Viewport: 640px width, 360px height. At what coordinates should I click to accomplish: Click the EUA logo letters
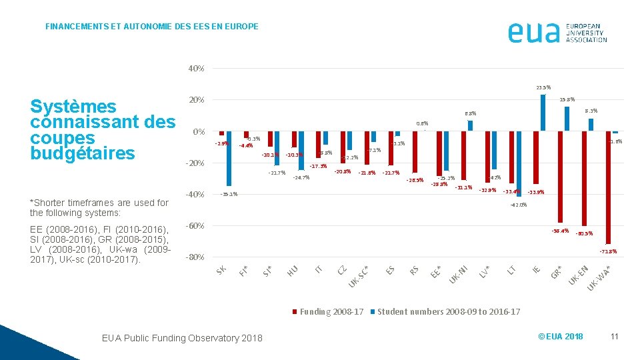pyautogui.click(x=533, y=32)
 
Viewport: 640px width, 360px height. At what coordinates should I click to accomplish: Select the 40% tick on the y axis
pyautogui.click(x=196, y=69)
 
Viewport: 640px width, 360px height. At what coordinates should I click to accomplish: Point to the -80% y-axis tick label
pyautogui.click(x=195, y=257)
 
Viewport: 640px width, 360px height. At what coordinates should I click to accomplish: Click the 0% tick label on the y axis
pyautogui.click(x=199, y=132)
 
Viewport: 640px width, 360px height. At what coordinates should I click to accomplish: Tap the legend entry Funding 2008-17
pyautogui.click(x=328, y=312)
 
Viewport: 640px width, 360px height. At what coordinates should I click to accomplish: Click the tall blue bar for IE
pyautogui.click(x=543, y=113)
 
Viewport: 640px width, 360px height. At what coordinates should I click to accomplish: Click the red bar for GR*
pyautogui.click(x=561, y=177)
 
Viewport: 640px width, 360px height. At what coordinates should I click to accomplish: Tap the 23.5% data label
pyautogui.click(x=543, y=87)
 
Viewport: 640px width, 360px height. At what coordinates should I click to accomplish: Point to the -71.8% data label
pyautogui.click(x=608, y=252)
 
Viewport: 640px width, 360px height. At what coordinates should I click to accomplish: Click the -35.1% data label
pyautogui.click(x=229, y=195)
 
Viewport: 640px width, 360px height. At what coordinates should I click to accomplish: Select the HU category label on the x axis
pyautogui.click(x=292, y=270)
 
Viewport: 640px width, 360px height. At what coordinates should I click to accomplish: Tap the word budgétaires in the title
pyautogui.click(x=83, y=153)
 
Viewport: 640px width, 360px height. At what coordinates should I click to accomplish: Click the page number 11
pyautogui.click(x=614, y=337)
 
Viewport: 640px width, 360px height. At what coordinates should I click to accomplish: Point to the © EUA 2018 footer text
pyautogui.click(x=560, y=337)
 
